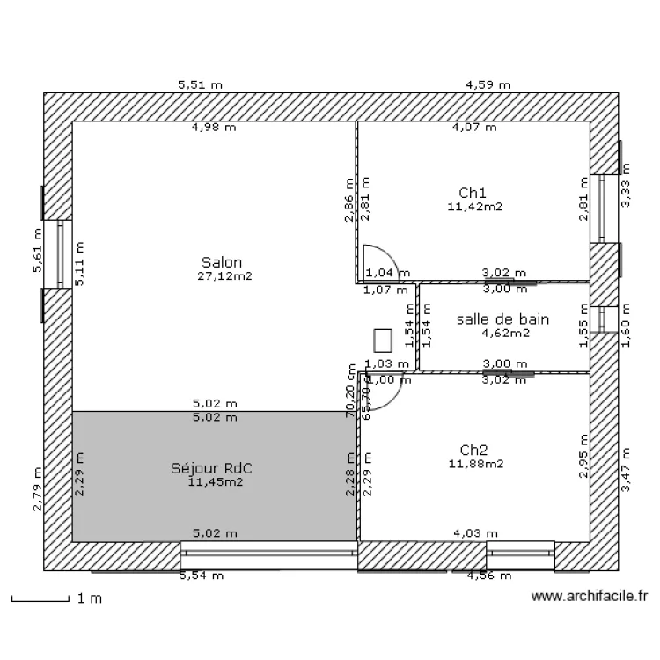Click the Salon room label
click(221, 261)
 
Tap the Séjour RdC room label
click(216, 467)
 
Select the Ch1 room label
click(473, 193)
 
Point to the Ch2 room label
click(474, 449)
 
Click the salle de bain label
click(502, 319)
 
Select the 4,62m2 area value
click(504, 333)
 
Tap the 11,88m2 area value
click(475, 464)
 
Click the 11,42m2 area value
click(474, 207)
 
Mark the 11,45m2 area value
click(216, 481)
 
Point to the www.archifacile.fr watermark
click(590, 597)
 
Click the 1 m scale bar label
click(90, 598)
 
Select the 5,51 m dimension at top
click(200, 85)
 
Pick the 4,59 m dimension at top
click(488, 85)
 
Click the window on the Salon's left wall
click(60, 254)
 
